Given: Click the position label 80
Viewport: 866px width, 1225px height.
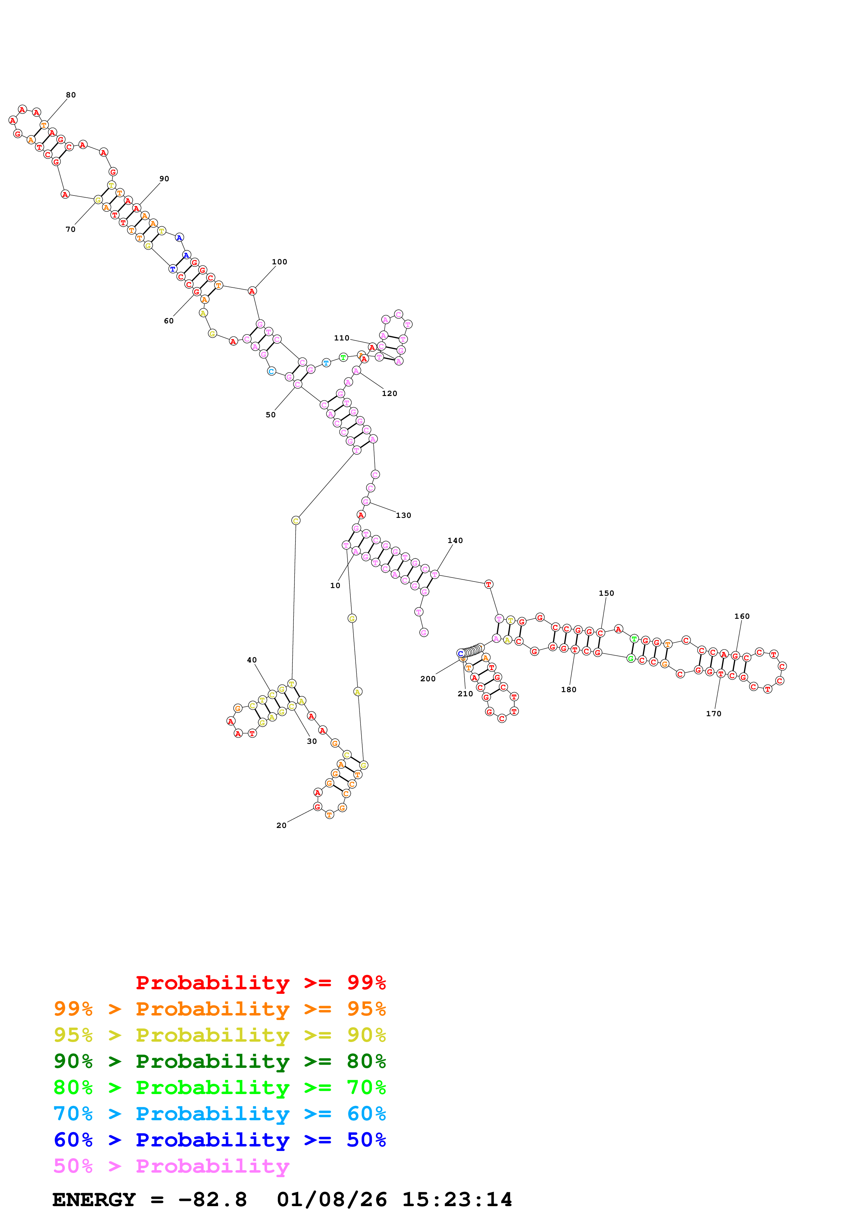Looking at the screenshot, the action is pyautogui.click(x=71, y=95).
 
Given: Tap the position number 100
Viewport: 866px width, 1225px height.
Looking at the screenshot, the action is pyautogui.click(x=279, y=262).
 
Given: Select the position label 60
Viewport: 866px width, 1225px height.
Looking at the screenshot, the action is pyautogui.click(x=169, y=321).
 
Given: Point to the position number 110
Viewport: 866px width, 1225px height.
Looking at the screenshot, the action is pyautogui.click(x=342, y=338).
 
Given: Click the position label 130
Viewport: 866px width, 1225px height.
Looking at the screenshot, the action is pyautogui.click(x=403, y=515).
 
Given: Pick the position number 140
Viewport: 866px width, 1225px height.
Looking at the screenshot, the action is pyautogui.click(x=455, y=541).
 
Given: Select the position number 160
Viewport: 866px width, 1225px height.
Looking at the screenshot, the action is pyautogui.click(x=742, y=616).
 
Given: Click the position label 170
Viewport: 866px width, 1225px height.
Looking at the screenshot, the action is pyautogui.click(x=713, y=714).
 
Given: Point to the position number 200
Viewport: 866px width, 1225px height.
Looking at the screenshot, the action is pyautogui.click(x=428, y=678).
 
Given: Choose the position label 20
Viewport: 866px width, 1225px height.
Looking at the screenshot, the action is pyautogui.click(x=281, y=826).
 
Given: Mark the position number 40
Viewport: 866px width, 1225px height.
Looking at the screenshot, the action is pyautogui.click(x=252, y=660).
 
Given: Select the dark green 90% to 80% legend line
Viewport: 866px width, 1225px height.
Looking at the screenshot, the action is pyautogui.click(x=219, y=1061).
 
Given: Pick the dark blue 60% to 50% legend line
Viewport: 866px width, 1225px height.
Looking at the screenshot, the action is pyautogui.click(x=219, y=1140).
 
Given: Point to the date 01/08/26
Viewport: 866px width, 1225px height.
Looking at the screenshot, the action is pyautogui.click(x=332, y=1200).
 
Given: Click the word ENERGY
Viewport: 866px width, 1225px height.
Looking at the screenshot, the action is pyautogui.click(x=94, y=1200).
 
